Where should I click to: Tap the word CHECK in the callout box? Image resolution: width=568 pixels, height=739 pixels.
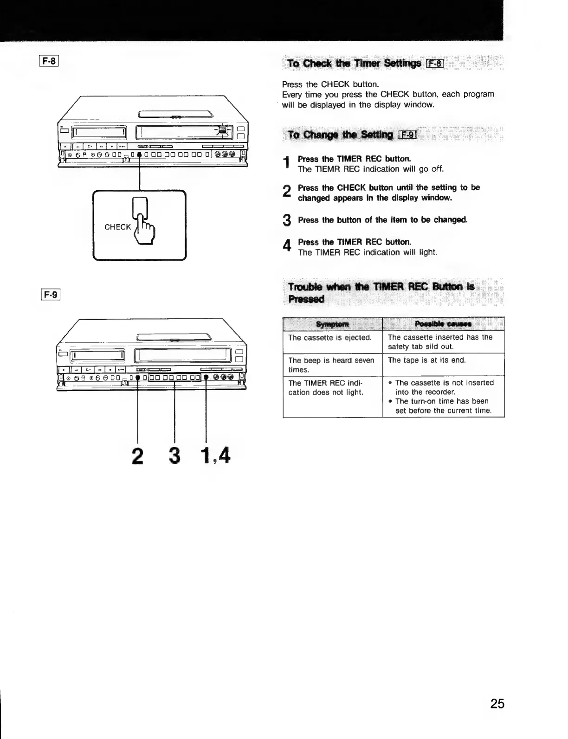click(117, 227)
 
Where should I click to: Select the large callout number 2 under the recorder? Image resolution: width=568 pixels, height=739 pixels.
click(137, 456)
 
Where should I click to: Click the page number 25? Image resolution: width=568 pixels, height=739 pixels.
click(497, 704)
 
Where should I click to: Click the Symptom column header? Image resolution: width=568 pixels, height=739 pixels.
click(332, 323)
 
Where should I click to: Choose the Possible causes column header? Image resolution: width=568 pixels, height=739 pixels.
click(443, 323)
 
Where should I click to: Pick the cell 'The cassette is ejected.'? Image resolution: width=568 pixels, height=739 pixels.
click(330, 338)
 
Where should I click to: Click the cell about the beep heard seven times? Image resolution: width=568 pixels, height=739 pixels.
click(331, 365)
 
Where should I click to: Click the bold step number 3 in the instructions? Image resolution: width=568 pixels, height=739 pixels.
click(287, 221)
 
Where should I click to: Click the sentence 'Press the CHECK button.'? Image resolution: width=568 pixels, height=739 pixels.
click(330, 84)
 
